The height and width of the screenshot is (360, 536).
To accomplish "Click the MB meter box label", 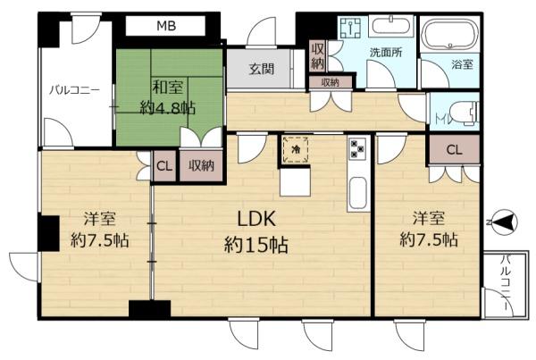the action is [x=166, y=26].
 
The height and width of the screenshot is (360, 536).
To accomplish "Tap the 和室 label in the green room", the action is [x=168, y=88].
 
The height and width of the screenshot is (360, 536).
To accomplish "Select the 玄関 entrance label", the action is [x=262, y=69].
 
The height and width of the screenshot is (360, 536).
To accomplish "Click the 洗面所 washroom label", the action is [x=386, y=52].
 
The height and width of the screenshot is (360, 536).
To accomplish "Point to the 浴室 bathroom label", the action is [x=462, y=64].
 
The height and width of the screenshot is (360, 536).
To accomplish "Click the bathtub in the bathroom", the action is [x=449, y=35].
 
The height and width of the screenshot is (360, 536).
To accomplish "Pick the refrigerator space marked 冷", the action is [x=296, y=150].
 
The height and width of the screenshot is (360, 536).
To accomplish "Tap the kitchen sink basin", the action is [x=358, y=192].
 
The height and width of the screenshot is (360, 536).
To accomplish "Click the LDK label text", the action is [x=256, y=219].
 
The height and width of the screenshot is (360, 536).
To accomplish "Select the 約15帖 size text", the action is [x=256, y=245].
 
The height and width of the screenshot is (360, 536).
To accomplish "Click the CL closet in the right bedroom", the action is [x=455, y=149].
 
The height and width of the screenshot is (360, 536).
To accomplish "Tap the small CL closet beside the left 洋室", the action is [x=164, y=166].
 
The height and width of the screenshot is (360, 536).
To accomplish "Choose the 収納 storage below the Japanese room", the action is [x=201, y=166].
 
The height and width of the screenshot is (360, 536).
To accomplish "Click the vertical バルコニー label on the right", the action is [x=506, y=282].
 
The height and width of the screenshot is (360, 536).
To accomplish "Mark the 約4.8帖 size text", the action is [x=168, y=108].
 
